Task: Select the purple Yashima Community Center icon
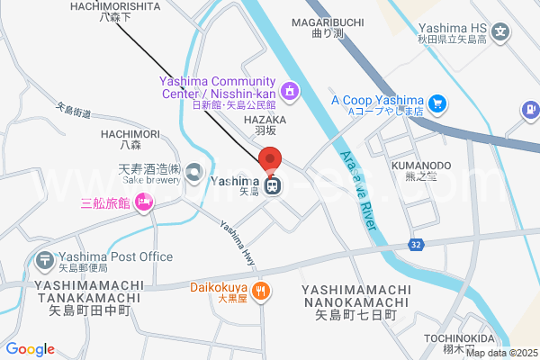coord(289,90)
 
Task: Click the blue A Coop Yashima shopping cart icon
coord(436,104)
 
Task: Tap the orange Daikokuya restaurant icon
coord(260,290)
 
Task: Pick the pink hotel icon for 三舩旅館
coord(142,205)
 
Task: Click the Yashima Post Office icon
coord(44,261)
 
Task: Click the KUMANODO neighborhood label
coord(420,166)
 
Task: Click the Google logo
coord(30,349)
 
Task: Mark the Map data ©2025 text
coord(501,354)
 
